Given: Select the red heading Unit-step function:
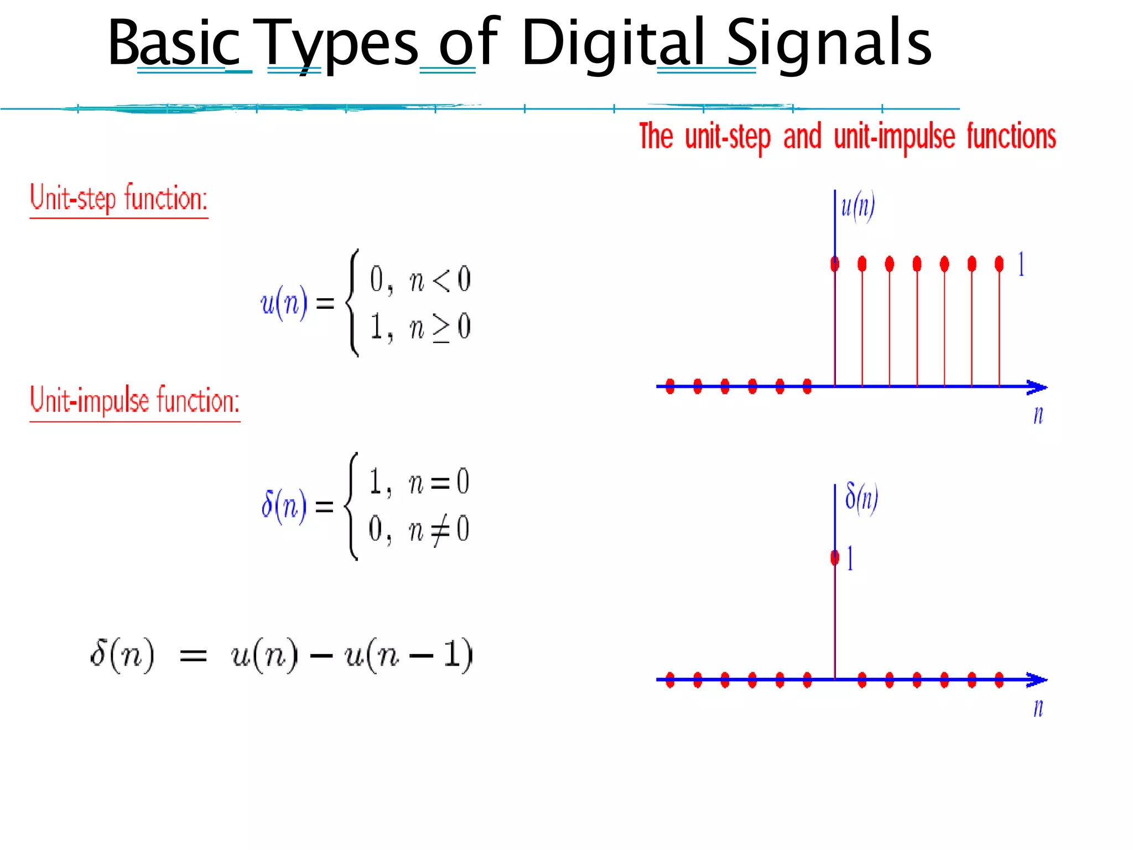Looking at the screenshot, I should click(x=118, y=198).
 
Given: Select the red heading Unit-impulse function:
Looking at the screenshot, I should click(x=134, y=401).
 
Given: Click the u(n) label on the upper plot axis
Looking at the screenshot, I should click(x=857, y=206).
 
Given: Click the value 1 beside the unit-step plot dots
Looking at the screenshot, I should click(x=1021, y=264).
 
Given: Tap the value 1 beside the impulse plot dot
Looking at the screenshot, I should click(x=850, y=558).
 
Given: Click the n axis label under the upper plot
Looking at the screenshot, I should click(x=1038, y=415).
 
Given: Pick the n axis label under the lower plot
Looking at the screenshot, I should click(x=1038, y=708).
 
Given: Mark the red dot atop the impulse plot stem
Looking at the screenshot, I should click(x=835, y=558).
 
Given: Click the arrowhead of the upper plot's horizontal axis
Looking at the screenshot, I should click(x=1037, y=387).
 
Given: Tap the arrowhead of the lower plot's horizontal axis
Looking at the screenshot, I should click(x=1037, y=680).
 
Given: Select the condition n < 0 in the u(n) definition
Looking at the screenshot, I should click(x=440, y=279).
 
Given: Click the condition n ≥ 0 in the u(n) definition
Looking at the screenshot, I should click(x=440, y=327).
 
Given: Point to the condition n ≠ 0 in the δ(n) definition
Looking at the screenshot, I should click(x=439, y=530).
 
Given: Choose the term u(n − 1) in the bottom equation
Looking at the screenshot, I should click(x=408, y=655).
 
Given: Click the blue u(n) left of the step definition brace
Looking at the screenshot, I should click(x=284, y=303).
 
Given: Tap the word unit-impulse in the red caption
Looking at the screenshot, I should click(x=894, y=137).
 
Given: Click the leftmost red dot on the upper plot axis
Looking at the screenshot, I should click(x=670, y=386).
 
